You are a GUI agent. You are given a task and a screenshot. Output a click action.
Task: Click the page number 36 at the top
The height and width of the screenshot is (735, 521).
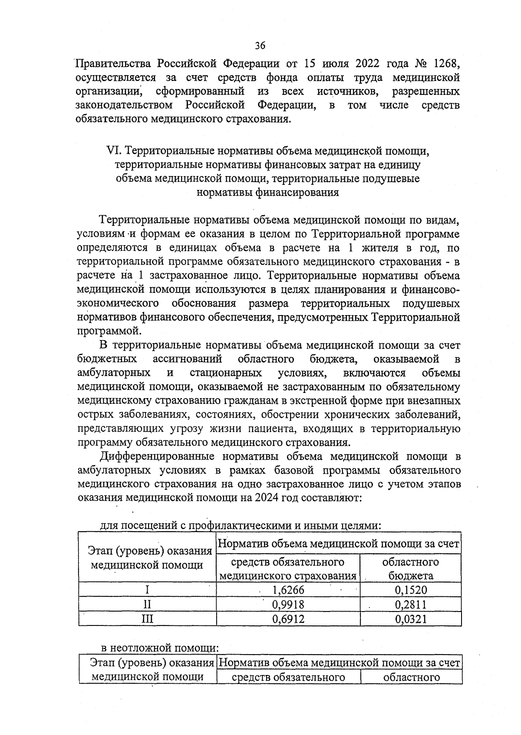(x=260, y=46)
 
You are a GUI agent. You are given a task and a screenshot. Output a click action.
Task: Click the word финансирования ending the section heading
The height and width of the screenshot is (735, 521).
(x=268, y=193)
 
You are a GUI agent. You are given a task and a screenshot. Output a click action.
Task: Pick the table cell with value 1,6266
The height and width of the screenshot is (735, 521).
(x=288, y=590)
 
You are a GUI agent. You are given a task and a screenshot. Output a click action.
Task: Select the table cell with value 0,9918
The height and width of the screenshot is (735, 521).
(x=288, y=604)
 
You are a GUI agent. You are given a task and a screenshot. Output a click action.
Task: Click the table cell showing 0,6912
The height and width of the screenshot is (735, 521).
(x=288, y=619)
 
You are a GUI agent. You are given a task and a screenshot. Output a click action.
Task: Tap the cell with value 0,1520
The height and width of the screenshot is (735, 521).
(x=411, y=590)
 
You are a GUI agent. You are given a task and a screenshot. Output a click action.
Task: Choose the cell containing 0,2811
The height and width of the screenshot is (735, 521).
(x=411, y=604)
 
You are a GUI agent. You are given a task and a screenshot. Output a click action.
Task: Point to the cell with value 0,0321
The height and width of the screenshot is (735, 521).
(x=411, y=619)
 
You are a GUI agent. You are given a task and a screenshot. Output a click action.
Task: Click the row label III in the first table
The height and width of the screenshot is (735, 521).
(x=148, y=619)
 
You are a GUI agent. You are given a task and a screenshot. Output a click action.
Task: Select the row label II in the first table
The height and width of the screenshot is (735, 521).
(x=148, y=604)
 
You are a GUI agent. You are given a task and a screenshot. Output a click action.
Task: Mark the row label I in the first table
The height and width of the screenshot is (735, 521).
(x=148, y=590)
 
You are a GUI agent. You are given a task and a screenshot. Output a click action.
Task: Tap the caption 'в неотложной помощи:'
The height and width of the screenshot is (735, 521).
(x=158, y=649)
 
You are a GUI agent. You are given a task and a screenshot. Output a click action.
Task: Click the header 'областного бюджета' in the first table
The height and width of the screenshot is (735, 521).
(x=411, y=569)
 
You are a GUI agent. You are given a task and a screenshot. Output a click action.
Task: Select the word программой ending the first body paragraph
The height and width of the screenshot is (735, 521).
(x=109, y=331)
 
